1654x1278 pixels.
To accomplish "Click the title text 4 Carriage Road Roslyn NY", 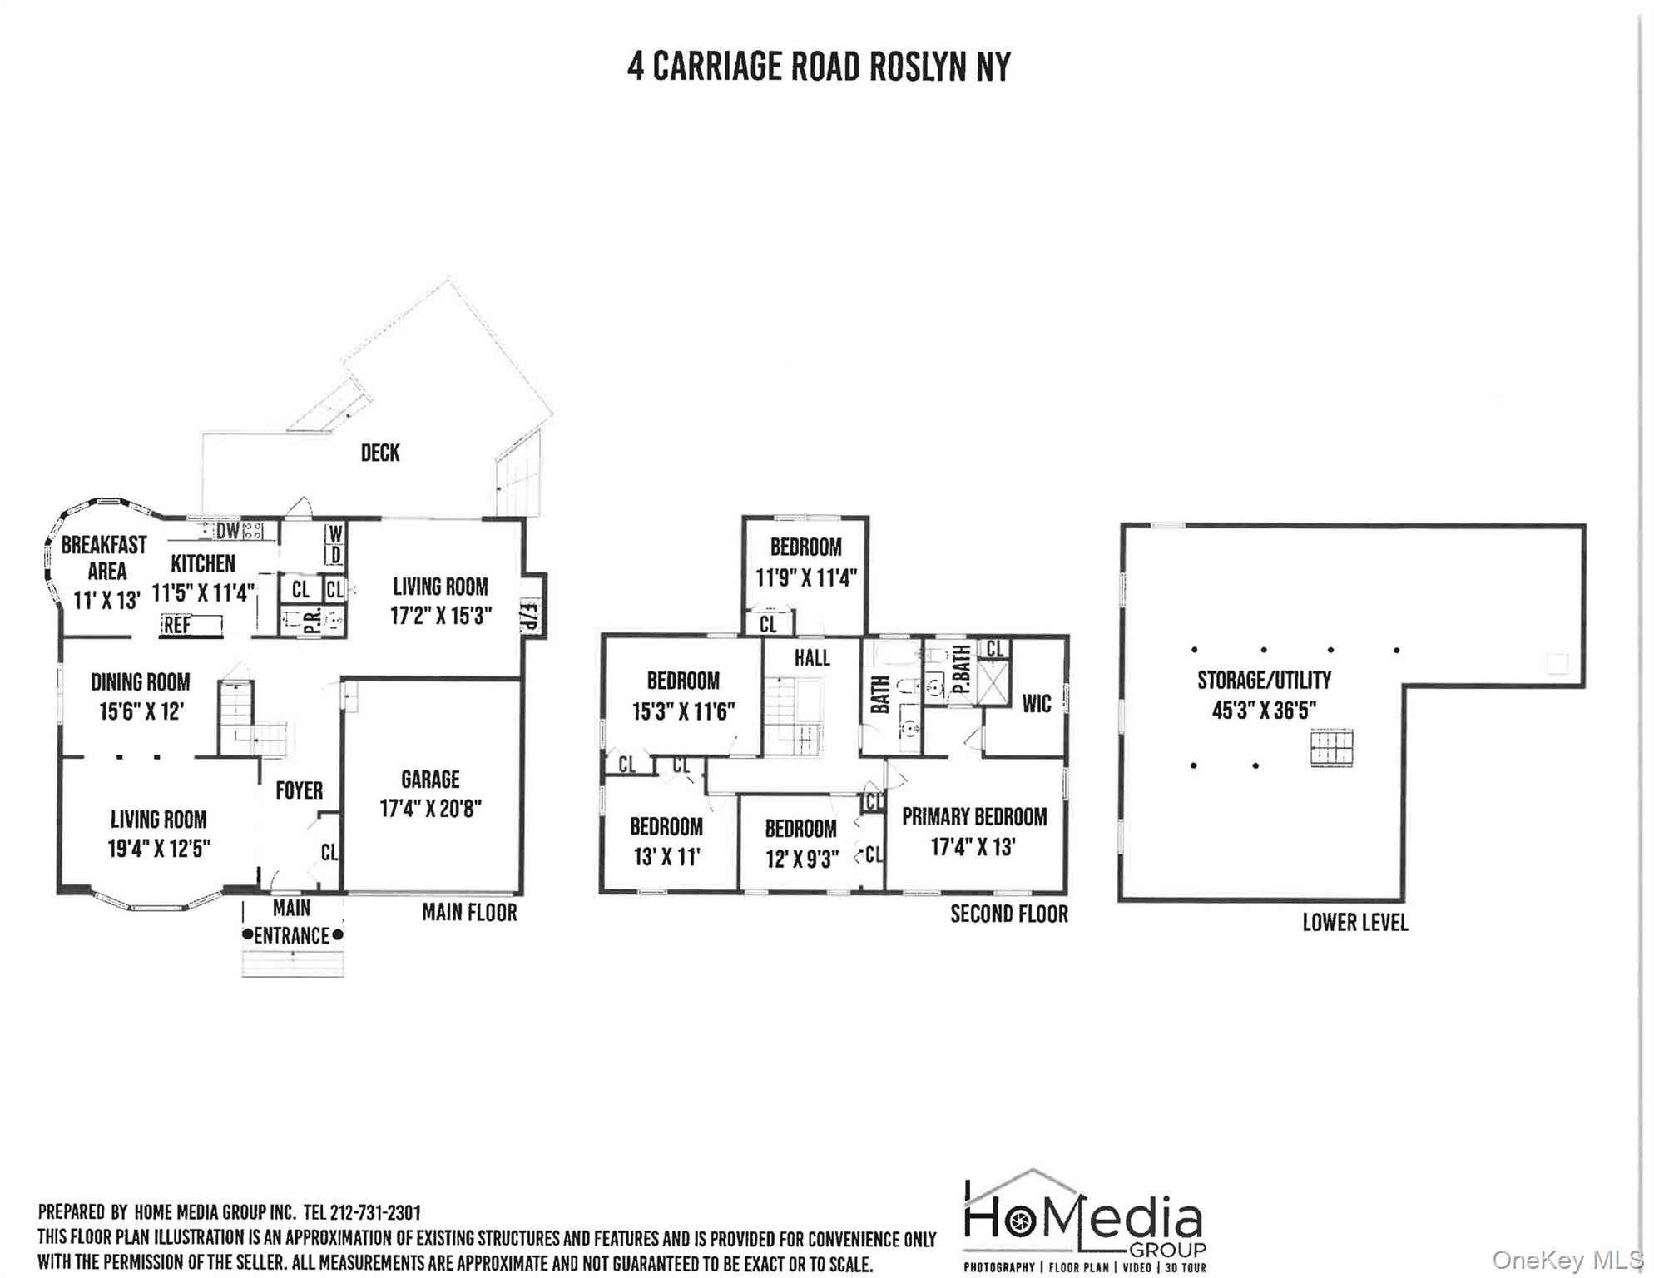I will tap(819, 67).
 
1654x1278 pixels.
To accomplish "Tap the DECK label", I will tap(380, 453).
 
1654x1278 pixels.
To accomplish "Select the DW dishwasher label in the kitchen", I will tap(227, 531).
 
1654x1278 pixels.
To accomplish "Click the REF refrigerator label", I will tap(177, 625).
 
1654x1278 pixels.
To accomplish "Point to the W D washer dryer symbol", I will tap(335, 544).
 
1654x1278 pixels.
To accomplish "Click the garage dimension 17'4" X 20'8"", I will tap(430, 809).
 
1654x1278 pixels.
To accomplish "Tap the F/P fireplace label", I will tap(530, 617).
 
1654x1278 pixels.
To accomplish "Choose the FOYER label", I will tap(299, 790).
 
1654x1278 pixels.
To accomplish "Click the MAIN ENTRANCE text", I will tap(292, 922).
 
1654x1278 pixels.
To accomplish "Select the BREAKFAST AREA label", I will tap(105, 558).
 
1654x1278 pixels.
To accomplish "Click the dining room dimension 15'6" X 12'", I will tap(140, 711).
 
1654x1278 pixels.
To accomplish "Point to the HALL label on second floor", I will tap(812, 658).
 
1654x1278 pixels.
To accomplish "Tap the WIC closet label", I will tap(1036, 704).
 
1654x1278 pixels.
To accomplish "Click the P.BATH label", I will tap(961, 671).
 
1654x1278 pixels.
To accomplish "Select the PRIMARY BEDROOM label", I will tap(974, 817).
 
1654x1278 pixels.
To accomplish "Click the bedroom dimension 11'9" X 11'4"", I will tap(805, 577).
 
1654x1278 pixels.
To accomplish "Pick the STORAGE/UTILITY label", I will tap(1264, 681).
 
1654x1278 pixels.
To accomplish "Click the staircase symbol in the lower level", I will tap(1331, 747).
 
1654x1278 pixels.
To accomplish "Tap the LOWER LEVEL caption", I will tap(1354, 923).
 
